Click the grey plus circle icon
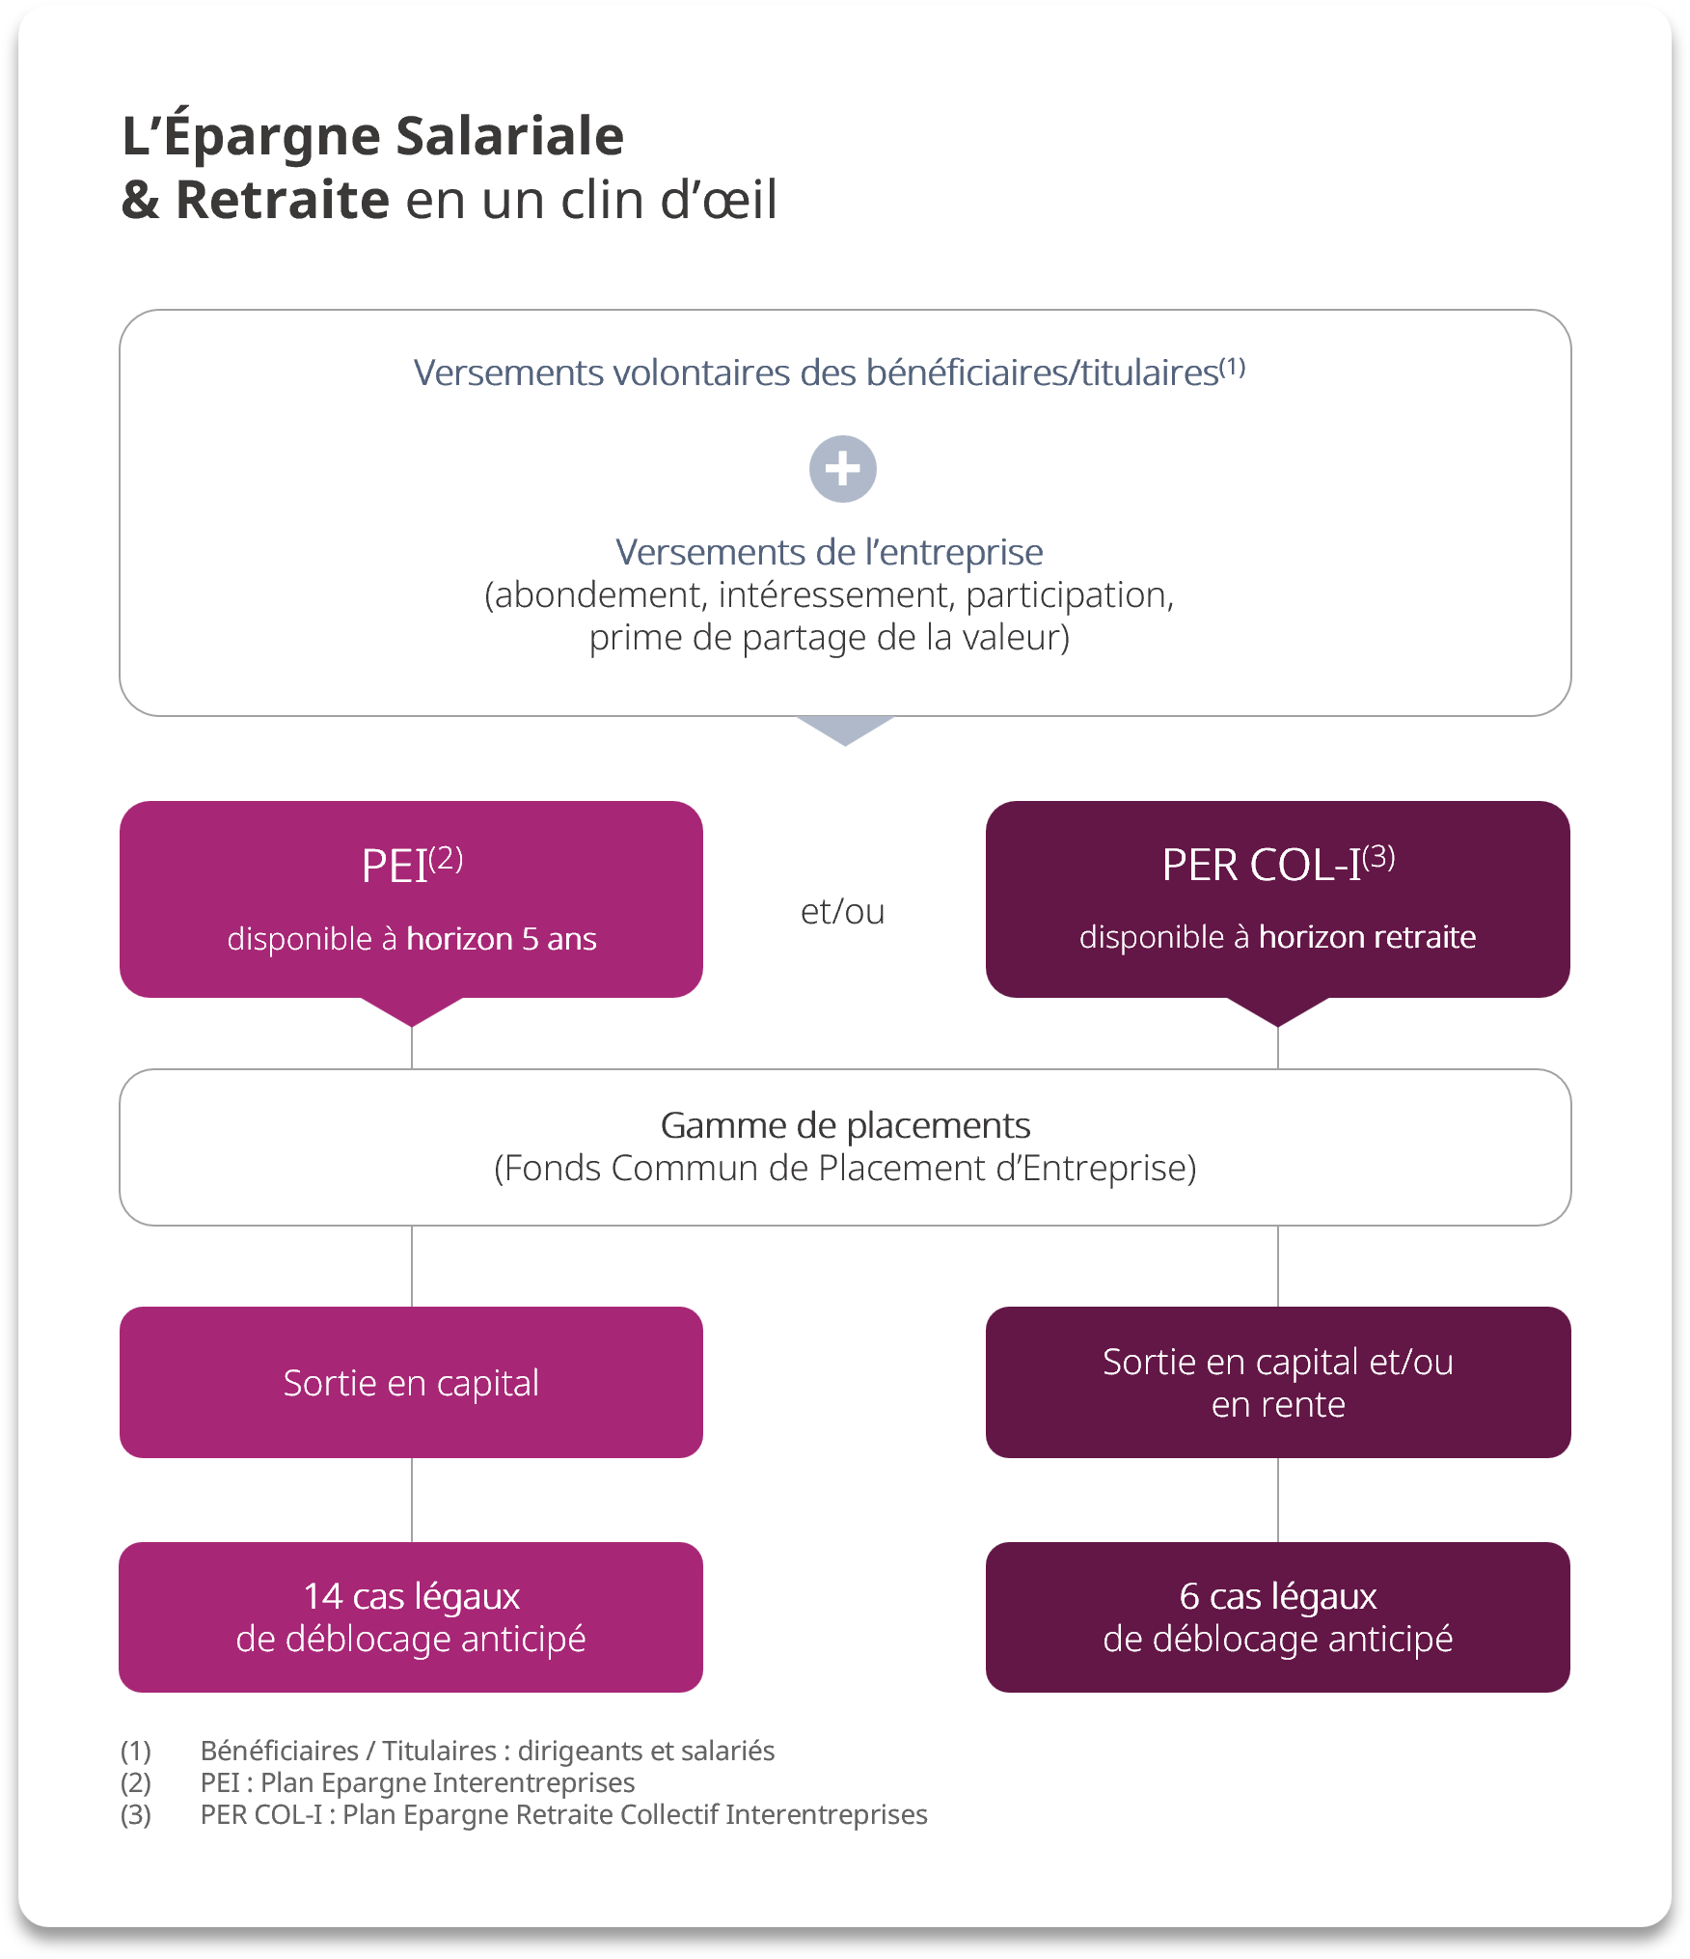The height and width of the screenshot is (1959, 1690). tap(842, 469)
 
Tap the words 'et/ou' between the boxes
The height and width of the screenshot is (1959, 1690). tap(842, 911)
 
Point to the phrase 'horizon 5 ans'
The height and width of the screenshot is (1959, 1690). tap(501, 939)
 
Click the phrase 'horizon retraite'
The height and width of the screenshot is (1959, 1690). tap(1367, 937)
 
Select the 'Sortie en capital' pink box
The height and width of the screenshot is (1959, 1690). tap(411, 1383)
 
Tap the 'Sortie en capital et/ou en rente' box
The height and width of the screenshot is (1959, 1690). tap(1277, 1383)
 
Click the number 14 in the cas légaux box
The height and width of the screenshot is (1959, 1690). tap(322, 1597)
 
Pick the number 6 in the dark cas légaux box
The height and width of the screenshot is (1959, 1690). tap(1188, 1597)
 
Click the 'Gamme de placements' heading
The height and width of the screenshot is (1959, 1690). tap(845, 1125)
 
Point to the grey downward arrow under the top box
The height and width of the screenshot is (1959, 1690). tap(845, 730)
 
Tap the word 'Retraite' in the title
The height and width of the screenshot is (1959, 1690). tap(283, 200)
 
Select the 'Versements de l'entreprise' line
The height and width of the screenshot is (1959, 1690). tap(830, 552)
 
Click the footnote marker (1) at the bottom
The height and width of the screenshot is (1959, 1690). tap(135, 1751)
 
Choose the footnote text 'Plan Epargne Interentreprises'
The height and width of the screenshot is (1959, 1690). tap(448, 1782)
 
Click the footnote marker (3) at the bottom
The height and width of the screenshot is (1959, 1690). tap(135, 1814)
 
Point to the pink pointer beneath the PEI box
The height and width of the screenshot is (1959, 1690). tap(412, 1011)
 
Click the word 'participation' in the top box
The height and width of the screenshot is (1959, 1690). tap(1068, 595)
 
